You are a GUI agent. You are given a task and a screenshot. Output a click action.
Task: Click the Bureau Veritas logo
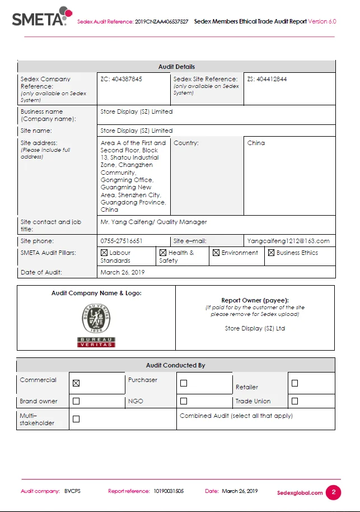(96, 325)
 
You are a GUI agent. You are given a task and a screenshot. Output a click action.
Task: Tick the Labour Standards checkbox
(104, 253)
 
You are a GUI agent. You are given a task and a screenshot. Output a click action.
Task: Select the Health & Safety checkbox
(163, 253)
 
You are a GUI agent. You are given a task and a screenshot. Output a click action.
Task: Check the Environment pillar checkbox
(216, 253)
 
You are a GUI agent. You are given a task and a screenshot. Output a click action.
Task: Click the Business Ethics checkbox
(271, 253)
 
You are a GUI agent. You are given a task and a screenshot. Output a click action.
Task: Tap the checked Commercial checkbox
(76, 383)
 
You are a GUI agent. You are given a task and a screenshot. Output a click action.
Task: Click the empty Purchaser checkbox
(184, 383)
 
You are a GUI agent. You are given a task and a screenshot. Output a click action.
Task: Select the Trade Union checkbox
(295, 401)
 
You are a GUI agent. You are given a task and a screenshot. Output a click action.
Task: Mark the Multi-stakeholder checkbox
(76, 419)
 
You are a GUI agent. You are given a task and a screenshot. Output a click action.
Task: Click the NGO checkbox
(184, 401)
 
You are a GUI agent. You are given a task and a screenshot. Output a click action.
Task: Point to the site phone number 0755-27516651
(121, 241)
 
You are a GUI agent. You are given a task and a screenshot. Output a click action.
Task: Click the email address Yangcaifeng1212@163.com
(288, 241)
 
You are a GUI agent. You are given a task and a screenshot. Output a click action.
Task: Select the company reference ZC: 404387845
(121, 79)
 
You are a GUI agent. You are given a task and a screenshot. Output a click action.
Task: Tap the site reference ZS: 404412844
(267, 79)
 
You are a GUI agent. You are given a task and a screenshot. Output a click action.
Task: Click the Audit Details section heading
(176, 67)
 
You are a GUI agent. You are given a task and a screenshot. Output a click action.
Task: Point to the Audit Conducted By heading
(176, 365)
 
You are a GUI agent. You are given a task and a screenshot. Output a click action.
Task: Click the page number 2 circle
(333, 492)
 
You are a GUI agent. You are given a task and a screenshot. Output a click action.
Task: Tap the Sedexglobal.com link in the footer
(300, 493)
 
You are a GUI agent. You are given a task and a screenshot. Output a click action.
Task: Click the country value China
(256, 143)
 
